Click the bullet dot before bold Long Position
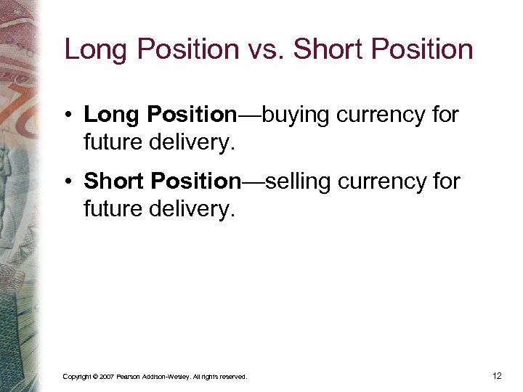pyautogui.click(x=69, y=115)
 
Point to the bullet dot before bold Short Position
pyautogui.click(x=69, y=181)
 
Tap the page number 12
pyautogui.click(x=497, y=376)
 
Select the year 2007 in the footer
pyautogui.click(x=106, y=377)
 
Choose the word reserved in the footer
pyautogui.click(x=235, y=377)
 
